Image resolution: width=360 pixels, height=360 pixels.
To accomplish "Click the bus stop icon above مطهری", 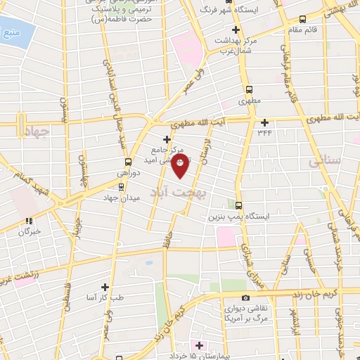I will pyautogui.click(x=249, y=89).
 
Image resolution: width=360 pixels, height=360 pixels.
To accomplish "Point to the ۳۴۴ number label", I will pyautogui.click(x=264, y=131).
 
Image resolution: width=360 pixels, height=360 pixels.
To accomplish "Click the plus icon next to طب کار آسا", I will pyautogui.click(x=105, y=287).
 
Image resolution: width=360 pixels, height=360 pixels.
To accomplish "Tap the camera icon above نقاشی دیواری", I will pyautogui.click(x=245, y=297).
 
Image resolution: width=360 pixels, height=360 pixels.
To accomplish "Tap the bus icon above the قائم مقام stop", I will pyautogui.click(x=302, y=20).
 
